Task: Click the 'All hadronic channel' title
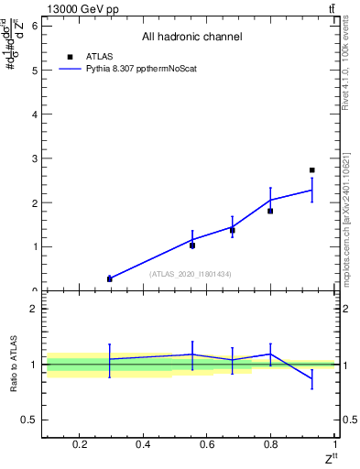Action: [191, 37]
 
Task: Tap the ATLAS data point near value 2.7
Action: [312, 170]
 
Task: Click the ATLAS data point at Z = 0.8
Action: [270, 211]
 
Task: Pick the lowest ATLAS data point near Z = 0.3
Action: [109, 279]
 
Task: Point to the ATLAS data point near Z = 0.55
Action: [192, 245]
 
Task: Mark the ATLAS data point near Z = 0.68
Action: [233, 230]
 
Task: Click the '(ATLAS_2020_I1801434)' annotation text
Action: [191, 274]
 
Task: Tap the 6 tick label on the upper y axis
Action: [34, 26]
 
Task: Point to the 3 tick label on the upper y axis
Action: [34, 158]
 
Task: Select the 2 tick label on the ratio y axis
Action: [34, 309]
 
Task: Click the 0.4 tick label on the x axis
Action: [142, 445]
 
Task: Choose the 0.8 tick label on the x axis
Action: [270, 445]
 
